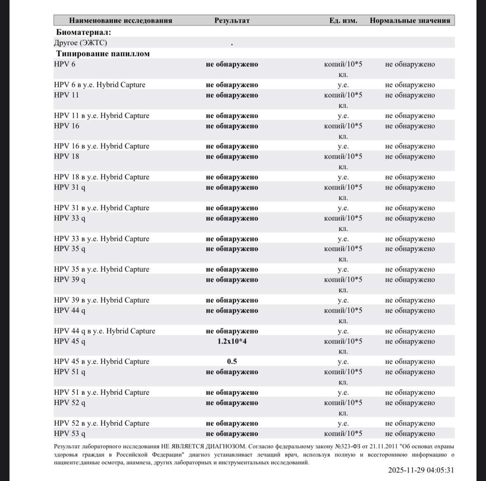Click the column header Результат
click(x=232, y=21)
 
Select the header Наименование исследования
click(x=120, y=21)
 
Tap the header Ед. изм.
click(x=343, y=21)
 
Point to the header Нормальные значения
click(x=410, y=21)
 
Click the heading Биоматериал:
click(x=84, y=33)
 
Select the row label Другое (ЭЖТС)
click(x=80, y=43)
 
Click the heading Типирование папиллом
click(x=103, y=54)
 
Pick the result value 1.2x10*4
click(x=232, y=341)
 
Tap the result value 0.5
click(x=232, y=362)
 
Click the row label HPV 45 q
click(x=70, y=341)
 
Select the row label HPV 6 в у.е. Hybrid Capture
click(x=99, y=85)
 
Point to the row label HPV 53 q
click(x=70, y=434)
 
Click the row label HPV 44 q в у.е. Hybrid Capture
click(x=104, y=331)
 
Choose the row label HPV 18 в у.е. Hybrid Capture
click(x=101, y=177)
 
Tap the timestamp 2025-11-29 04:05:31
click(x=421, y=470)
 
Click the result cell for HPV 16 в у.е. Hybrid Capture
click(x=232, y=146)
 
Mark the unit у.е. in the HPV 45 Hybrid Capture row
click(x=343, y=362)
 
